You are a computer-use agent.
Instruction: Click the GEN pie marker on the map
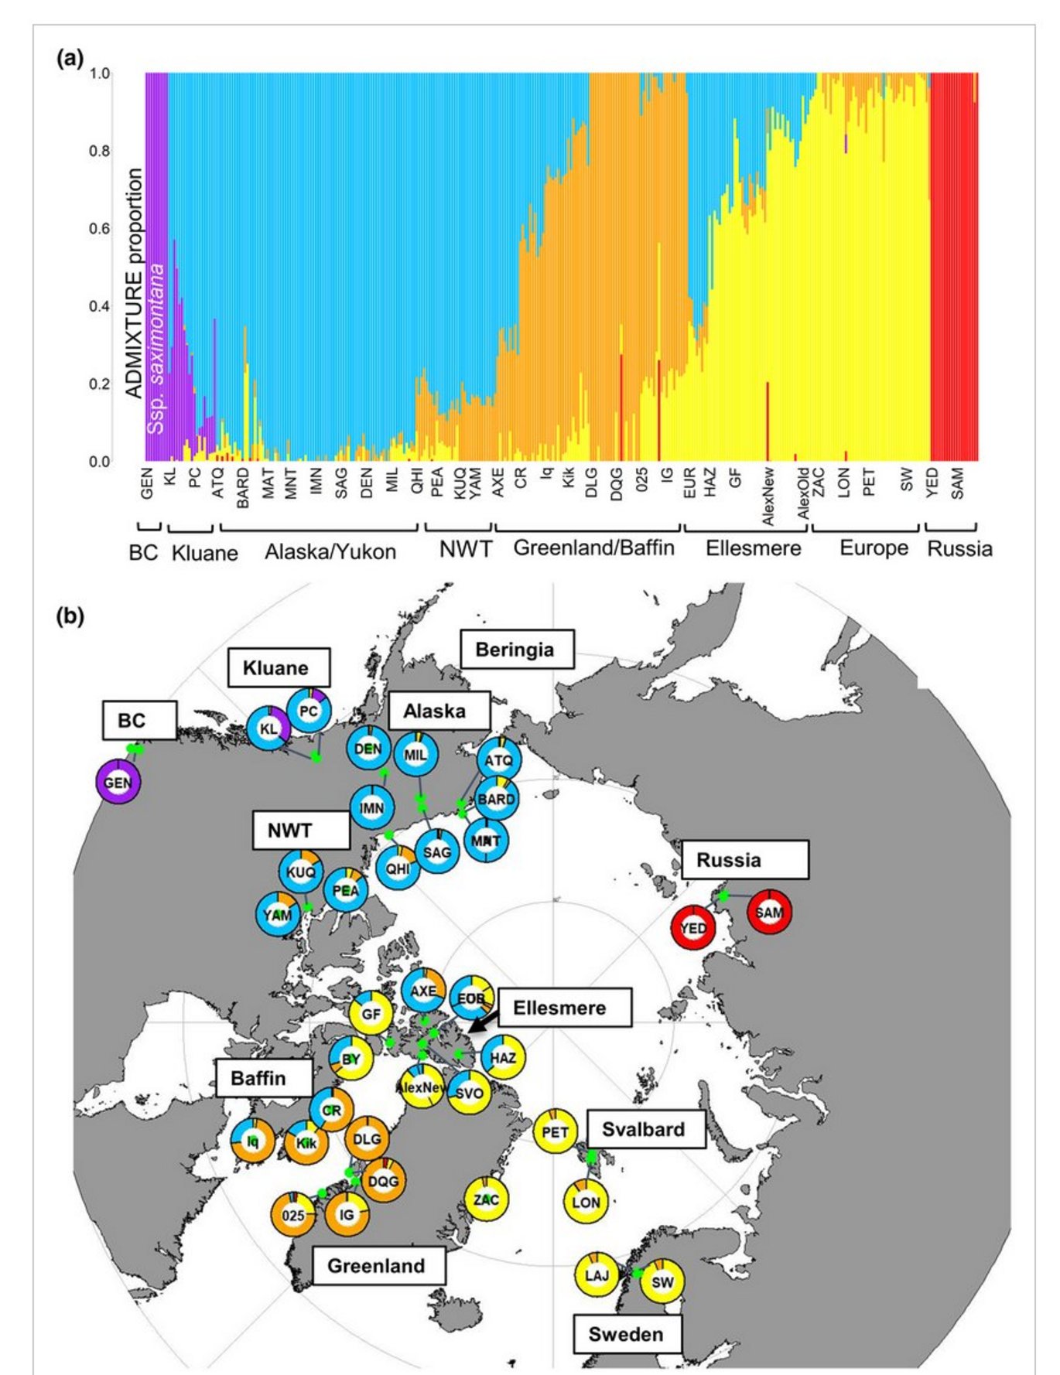(118, 783)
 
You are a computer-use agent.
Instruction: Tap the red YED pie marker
(693, 927)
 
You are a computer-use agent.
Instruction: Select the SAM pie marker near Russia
(769, 913)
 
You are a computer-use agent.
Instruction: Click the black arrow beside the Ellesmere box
(484, 1022)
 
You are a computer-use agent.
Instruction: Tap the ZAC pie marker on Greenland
(487, 1199)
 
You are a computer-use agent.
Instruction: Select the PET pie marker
(555, 1132)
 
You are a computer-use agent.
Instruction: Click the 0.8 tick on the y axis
(99, 151)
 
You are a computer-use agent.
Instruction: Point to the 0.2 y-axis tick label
(99, 384)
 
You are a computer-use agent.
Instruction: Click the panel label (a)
(70, 60)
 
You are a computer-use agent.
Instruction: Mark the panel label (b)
(70, 616)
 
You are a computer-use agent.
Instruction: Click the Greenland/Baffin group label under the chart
(593, 548)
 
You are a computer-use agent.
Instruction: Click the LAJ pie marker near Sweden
(597, 1275)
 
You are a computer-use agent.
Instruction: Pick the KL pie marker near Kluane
(268, 728)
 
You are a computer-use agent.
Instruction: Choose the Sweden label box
(625, 1334)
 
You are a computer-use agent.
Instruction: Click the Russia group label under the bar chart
(959, 549)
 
